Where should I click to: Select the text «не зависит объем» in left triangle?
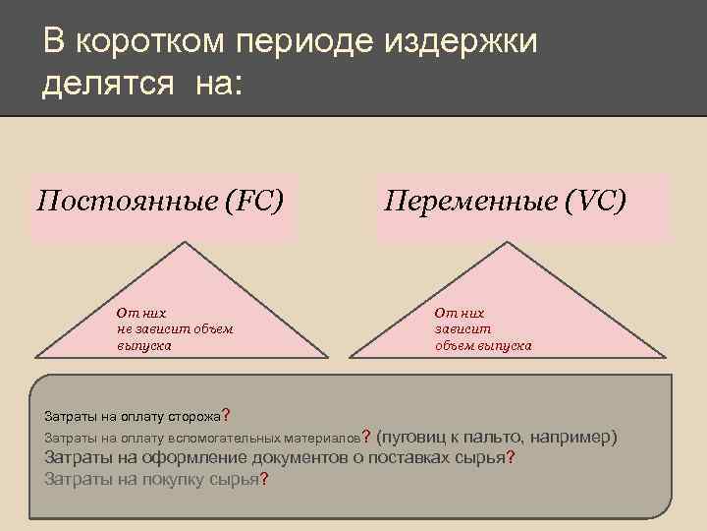tap(174, 328)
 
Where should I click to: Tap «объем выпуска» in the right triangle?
tap(483, 345)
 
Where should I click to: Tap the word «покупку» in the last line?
tap(166, 480)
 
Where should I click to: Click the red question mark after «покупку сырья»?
tap(264, 480)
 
